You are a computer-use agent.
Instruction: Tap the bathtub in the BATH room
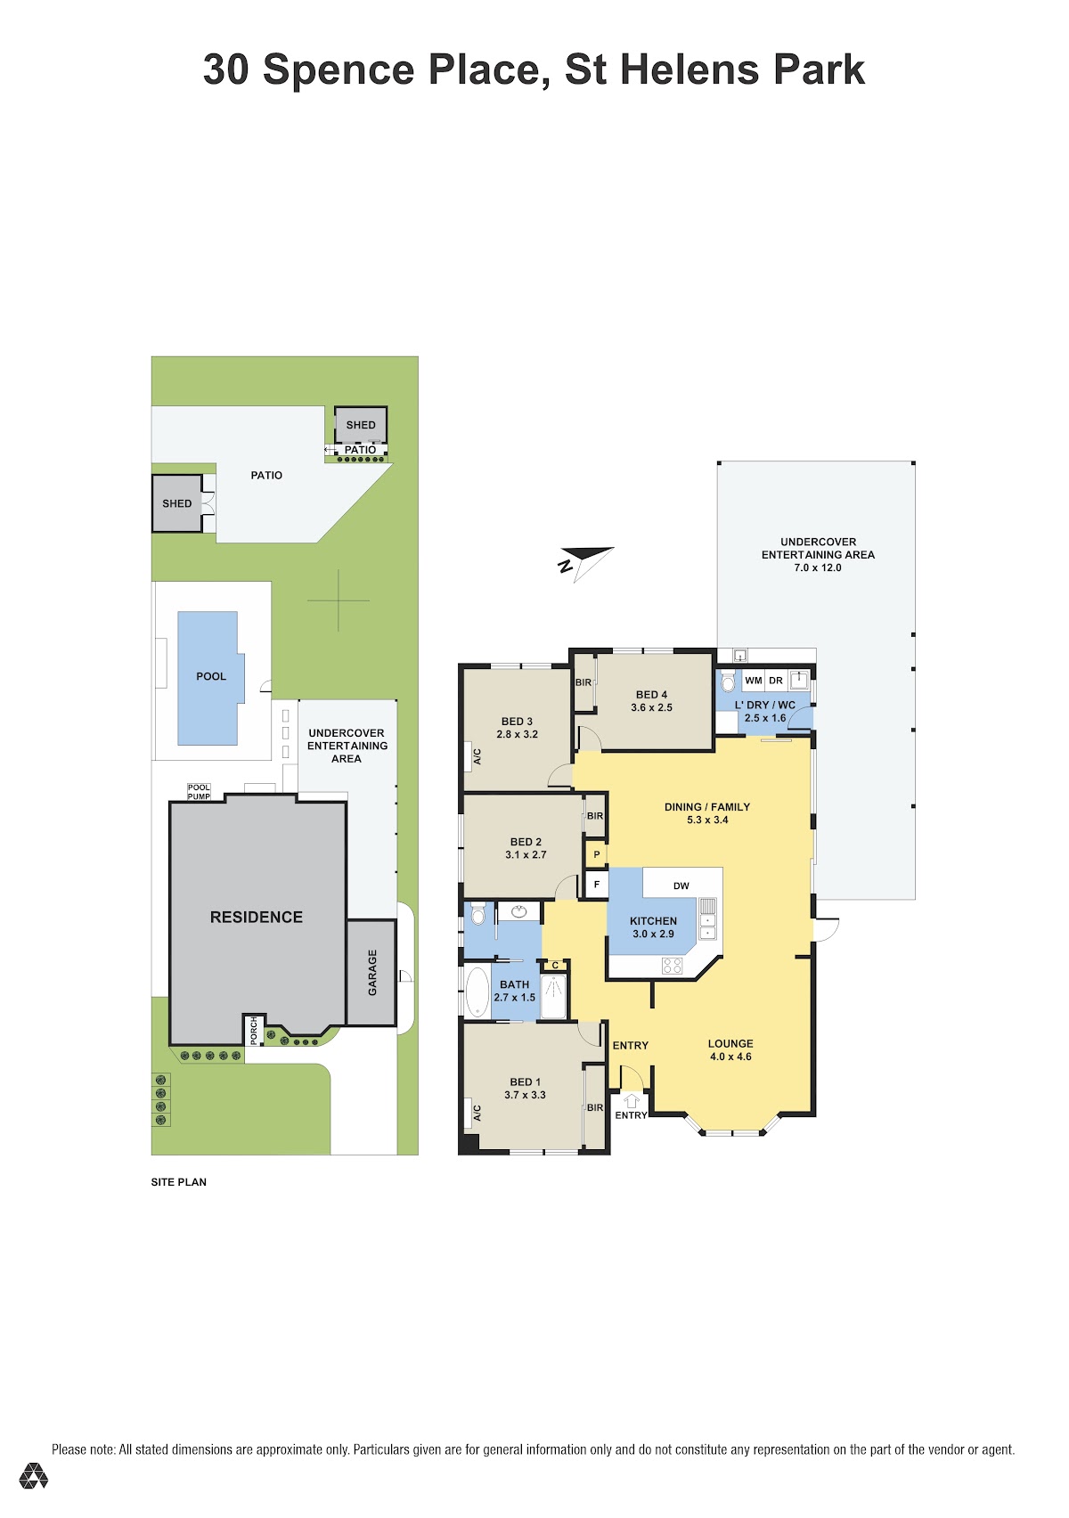(x=477, y=992)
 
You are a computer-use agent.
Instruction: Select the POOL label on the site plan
(x=211, y=676)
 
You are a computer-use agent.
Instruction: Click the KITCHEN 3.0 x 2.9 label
(x=653, y=927)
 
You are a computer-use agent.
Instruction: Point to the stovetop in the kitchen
(x=672, y=966)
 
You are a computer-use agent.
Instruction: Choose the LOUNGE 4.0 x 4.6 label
(x=730, y=1049)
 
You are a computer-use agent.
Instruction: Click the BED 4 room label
(x=651, y=701)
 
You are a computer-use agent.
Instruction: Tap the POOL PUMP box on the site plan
(x=199, y=792)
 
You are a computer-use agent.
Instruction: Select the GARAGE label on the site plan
(x=371, y=973)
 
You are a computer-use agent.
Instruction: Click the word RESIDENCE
(x=257, y=917)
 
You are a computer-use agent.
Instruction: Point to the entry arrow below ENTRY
(x=631, y=1100)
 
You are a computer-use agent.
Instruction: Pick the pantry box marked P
(x=596, y=854)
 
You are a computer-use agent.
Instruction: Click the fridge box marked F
(x=596, y=885)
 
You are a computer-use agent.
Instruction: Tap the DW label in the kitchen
(x=681, y=885)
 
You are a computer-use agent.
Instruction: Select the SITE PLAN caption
(x=178, y=1182)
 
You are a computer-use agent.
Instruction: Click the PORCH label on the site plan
(x=254, y=1030)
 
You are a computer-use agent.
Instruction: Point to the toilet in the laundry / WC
(x=727, y=681)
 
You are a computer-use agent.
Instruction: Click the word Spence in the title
(x=338, y=69)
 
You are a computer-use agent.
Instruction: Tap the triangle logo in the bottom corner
(x=33, y=1477)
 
